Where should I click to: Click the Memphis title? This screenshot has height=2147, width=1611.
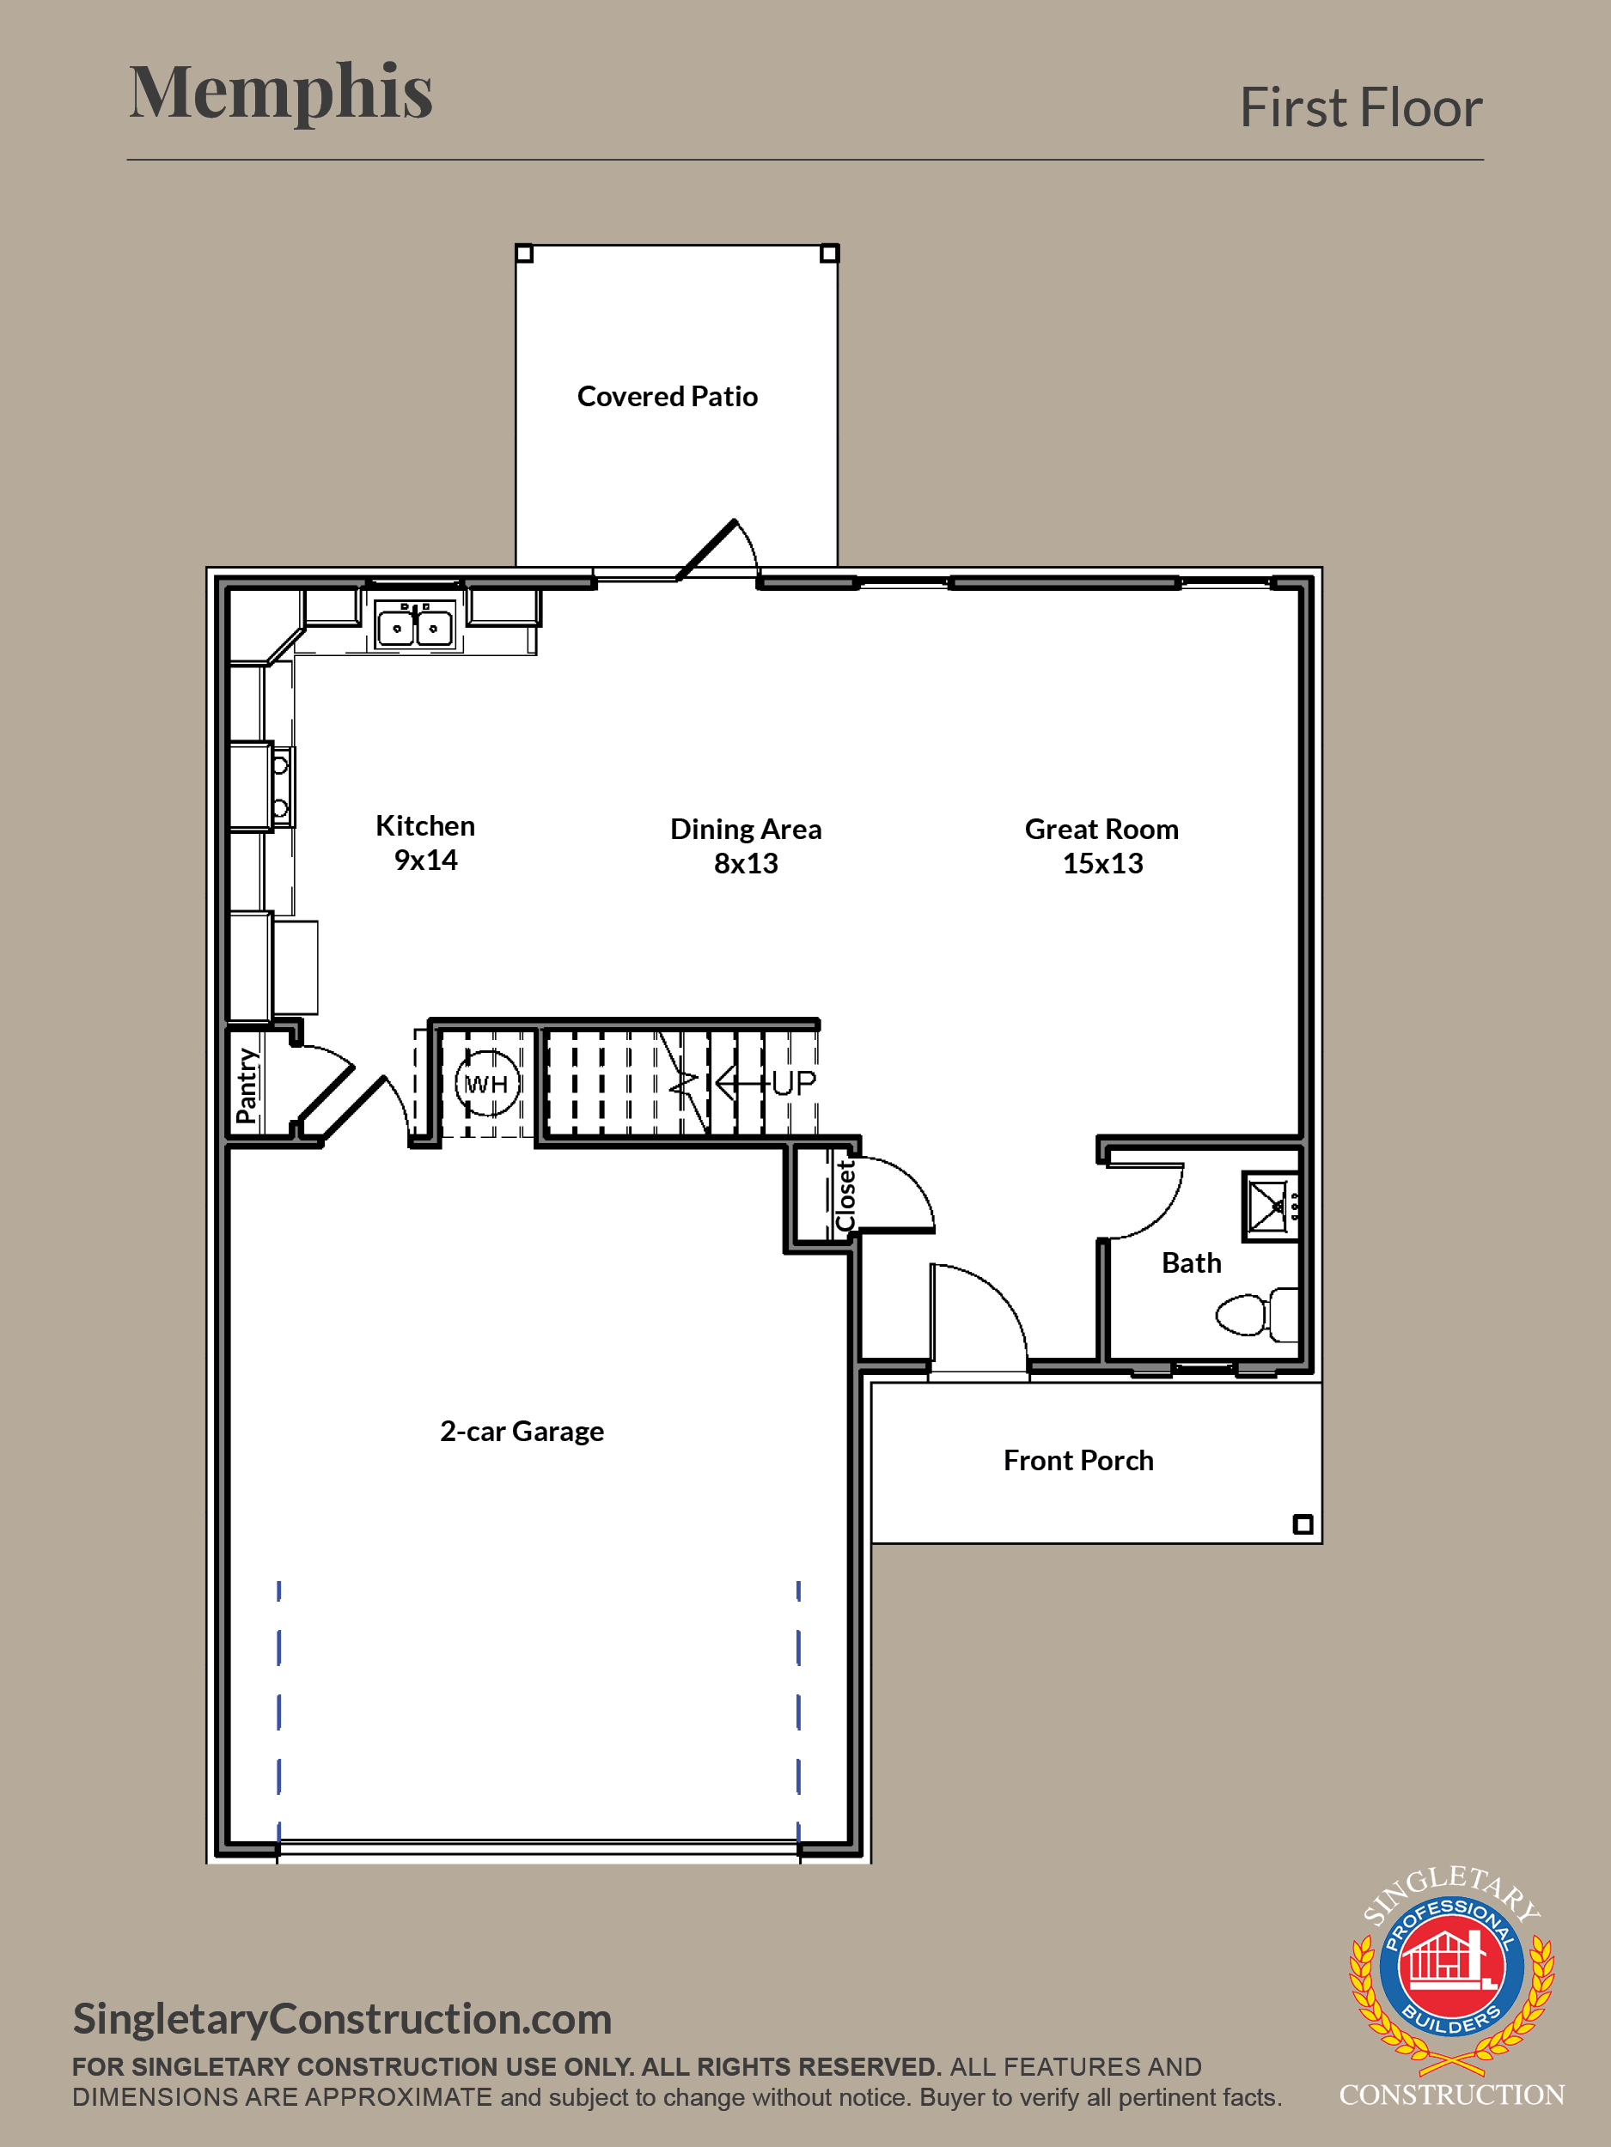281,92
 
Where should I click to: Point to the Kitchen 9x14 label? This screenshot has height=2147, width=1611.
425,842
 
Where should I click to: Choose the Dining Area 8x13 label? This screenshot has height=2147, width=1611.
746,845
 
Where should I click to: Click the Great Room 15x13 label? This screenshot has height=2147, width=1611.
1102,845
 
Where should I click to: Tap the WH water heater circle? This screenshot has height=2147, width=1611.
487,1083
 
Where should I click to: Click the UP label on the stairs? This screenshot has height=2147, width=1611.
793,1083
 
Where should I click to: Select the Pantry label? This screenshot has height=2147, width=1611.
247,1086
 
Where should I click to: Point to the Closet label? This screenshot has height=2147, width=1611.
845,1195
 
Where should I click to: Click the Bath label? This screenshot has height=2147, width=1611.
1192,1262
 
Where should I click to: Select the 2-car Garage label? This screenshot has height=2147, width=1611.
522,1432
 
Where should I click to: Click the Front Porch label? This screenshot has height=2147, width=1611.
1078,1461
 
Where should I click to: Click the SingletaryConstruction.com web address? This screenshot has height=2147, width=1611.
343,2020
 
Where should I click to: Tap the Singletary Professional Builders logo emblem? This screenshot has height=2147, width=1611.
1452,1970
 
